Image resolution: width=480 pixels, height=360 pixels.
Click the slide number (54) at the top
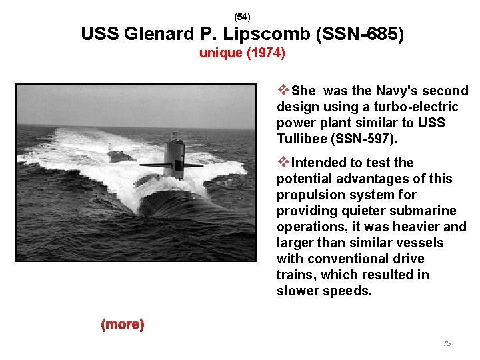(x=243, y=16)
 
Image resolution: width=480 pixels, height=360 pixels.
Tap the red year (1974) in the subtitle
(x=265, y=53)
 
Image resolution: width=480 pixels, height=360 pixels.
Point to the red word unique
(x=221, y=53)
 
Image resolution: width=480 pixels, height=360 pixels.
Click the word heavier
(x=417, y=227)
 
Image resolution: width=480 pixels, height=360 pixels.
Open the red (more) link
(x=122, y=325)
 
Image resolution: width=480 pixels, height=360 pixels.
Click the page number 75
(x=447, y=343)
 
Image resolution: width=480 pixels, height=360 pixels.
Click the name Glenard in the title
(x=161, y=34)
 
